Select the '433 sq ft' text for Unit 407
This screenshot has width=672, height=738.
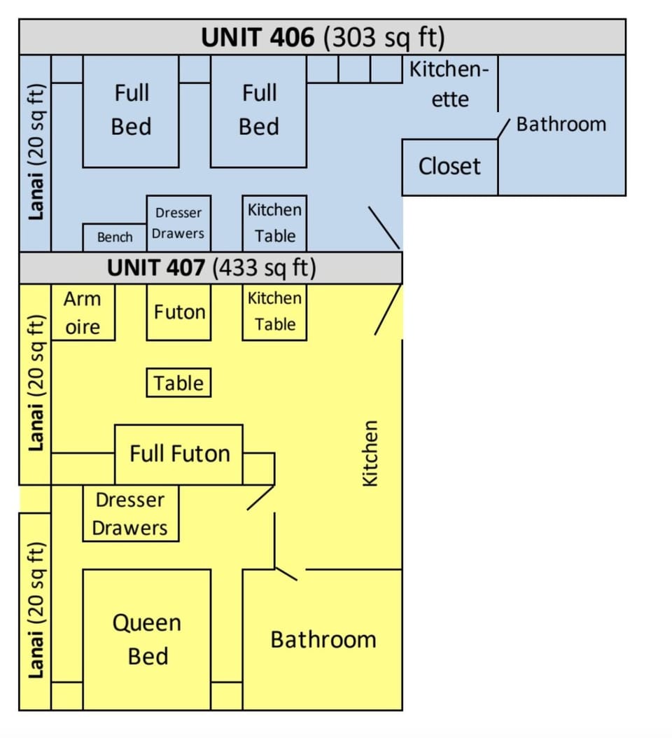click(265, 267)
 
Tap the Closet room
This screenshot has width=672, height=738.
click(449, 167)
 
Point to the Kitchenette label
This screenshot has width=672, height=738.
click(449, 84)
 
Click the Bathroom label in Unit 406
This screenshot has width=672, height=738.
click(561, 125)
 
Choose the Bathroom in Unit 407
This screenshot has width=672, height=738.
click(323, 640)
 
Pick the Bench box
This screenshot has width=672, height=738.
click(115, 237)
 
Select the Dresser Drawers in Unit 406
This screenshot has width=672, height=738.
click(178, 223)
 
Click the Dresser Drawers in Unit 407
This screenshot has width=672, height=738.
click(130, 514)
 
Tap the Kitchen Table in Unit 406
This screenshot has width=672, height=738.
click(274, 223)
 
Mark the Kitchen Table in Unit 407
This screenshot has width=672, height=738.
click(274, 312)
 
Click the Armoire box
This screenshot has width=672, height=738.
click(83, 313)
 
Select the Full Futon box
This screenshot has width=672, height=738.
click(179, 454)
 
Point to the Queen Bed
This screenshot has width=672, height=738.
click(147, 640)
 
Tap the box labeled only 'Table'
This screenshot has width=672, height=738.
click(178, 383)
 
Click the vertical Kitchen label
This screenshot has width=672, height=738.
click(370, 452)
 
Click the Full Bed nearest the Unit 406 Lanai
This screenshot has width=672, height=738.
click(131, 111)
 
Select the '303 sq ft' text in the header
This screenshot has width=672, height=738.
click(384, 38)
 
